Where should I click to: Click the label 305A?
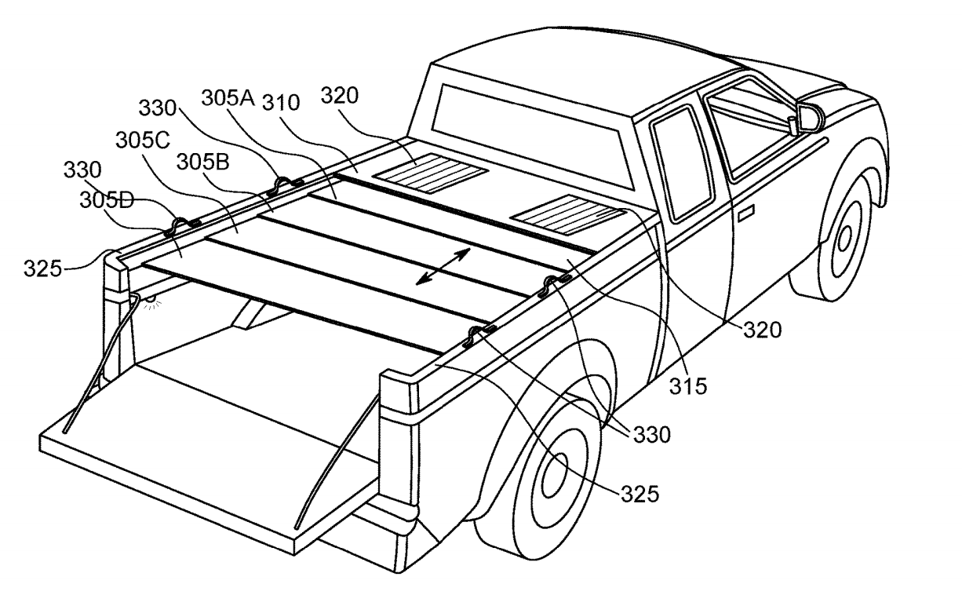pos(228,98)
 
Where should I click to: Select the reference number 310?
pos(281,103)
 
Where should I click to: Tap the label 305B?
pos(203,162)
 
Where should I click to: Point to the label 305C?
pos(143,140)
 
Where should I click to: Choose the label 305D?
pos(107,200)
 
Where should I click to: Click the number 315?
pos(688,386)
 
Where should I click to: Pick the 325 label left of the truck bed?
pos(42,269)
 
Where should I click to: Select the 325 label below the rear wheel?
pos(640,494)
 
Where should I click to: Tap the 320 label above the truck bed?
pos(339,95)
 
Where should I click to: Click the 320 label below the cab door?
pos(763,330)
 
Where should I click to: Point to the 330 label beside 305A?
pos(157,108)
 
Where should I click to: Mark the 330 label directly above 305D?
pos(82,170)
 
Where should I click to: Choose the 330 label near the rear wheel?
pos(652,435)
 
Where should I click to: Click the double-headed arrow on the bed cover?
pos(443,266)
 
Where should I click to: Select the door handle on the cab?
pos(746,213)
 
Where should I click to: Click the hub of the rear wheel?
pos(555,475)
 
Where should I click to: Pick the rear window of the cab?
pos(533,135)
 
